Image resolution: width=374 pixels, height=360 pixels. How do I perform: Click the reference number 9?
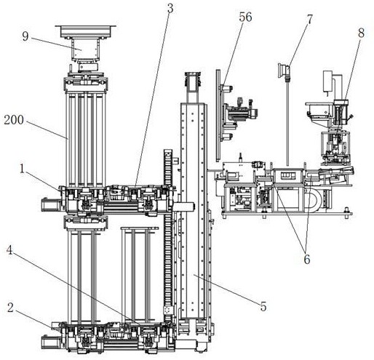(25, 36)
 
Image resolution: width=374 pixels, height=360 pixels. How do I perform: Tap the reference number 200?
(14, 120)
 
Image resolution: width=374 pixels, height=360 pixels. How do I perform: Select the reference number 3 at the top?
(170, 9)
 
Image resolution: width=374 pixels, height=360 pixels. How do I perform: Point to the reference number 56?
(245, 17)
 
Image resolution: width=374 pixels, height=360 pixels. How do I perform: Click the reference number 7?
(310, 20)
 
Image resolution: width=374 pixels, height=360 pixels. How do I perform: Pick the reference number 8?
(361, 33)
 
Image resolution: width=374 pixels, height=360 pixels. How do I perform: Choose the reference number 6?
(307, 259)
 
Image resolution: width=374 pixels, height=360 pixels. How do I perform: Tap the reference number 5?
(263, 306)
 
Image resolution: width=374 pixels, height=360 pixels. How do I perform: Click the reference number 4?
(9, 250)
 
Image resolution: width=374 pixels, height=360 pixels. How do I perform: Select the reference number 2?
(10, 308)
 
